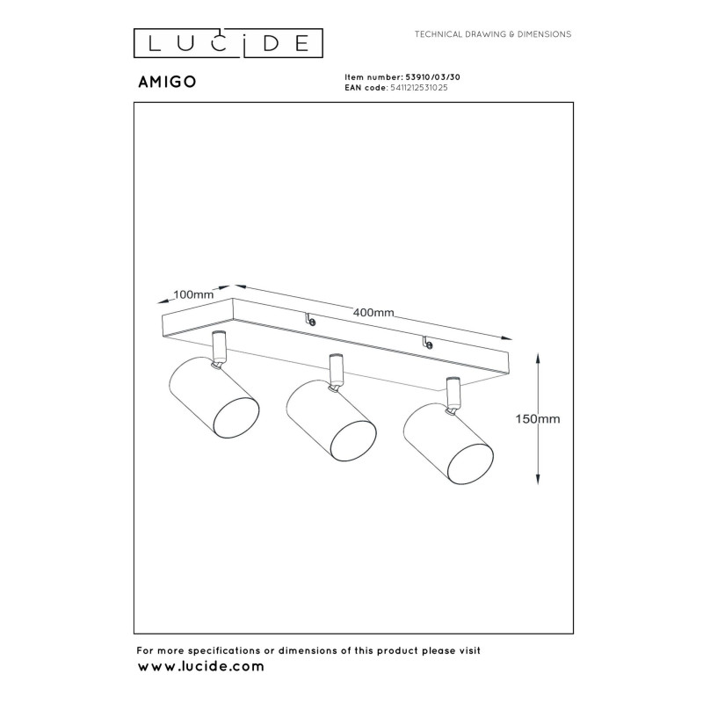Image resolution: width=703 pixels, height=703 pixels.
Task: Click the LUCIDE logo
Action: pos(228,43)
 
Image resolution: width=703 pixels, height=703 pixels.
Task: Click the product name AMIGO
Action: pos(167,82)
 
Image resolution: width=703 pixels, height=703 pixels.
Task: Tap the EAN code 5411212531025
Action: pos(419,88)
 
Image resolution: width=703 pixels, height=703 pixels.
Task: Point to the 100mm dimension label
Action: pos(193,294)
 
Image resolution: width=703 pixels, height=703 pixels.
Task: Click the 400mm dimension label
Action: pos(373,312)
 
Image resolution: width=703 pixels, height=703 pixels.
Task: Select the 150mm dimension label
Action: pos(538,419)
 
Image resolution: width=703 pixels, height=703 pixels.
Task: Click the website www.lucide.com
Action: pos(201,666)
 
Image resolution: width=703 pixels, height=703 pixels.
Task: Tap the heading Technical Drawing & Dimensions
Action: pos(493,34)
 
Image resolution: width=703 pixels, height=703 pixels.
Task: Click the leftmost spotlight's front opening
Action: pos(236,417)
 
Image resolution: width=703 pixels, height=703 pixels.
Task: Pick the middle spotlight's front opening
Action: pos(353,440)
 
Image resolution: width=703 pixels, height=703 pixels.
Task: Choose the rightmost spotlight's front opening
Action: pos(471,464)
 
